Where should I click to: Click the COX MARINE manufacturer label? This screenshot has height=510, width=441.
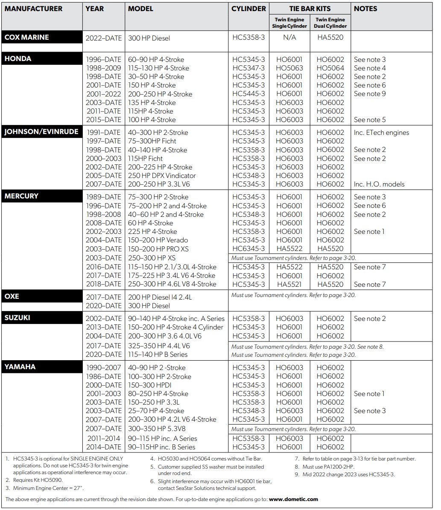click(26, 37)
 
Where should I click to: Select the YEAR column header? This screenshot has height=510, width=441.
click(95, 9)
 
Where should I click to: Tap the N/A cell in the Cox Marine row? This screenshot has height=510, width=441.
click(289, 38)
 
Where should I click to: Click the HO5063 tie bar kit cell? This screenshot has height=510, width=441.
click(289, 68)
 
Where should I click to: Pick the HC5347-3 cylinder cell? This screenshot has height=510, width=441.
click(248, 68)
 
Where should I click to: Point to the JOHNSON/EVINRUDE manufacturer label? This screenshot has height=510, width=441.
click(41, 131)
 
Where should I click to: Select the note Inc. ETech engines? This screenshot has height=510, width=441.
click(381, 132)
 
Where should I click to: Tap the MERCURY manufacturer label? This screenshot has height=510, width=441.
click(21, 196)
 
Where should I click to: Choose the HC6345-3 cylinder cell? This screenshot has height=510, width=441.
click(248, 248)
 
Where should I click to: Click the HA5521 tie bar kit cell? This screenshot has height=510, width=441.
click(289, 284)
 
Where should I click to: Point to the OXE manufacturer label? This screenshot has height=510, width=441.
click(12, 296)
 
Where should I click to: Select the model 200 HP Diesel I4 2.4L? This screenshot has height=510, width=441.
click(160, 297)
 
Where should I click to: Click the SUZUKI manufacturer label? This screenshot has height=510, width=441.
click(18, 318)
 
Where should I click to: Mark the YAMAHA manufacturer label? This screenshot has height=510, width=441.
click(20, 367)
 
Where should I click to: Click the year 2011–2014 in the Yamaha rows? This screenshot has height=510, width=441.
click(104, 438)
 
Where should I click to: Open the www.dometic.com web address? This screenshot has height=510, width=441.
click(293, 499)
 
